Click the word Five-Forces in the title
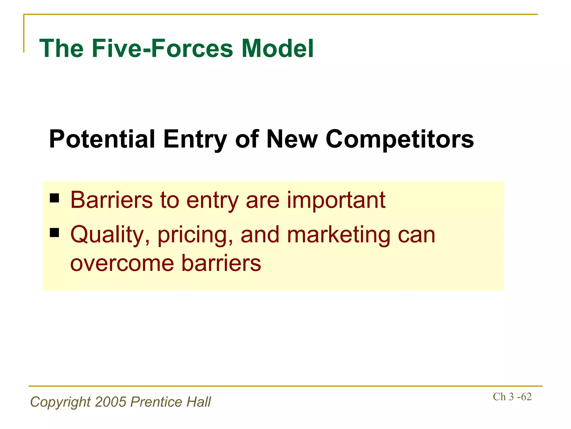click(x=162, y=49)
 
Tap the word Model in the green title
click(x=277, y=49)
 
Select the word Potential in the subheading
click(x=102, y=139)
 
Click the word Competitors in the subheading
click(x=400, y=139)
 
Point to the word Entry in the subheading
click(x=195, y=139)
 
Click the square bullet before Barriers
click(x=55, y=198)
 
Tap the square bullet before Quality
click(x=55, y=232)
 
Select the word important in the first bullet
click(x=336, y=200)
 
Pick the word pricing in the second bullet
click(x=195, y=235)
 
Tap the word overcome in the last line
click(x=122, y=263)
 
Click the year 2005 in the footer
click(x=111, y=402)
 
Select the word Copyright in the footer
click(x=61, y=402)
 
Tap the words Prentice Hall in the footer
click(x=171, y=402)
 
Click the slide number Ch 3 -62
click(x=512, y=397)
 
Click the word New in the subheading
click(x=292, y=139)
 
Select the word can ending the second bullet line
click(x=416, y=235)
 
